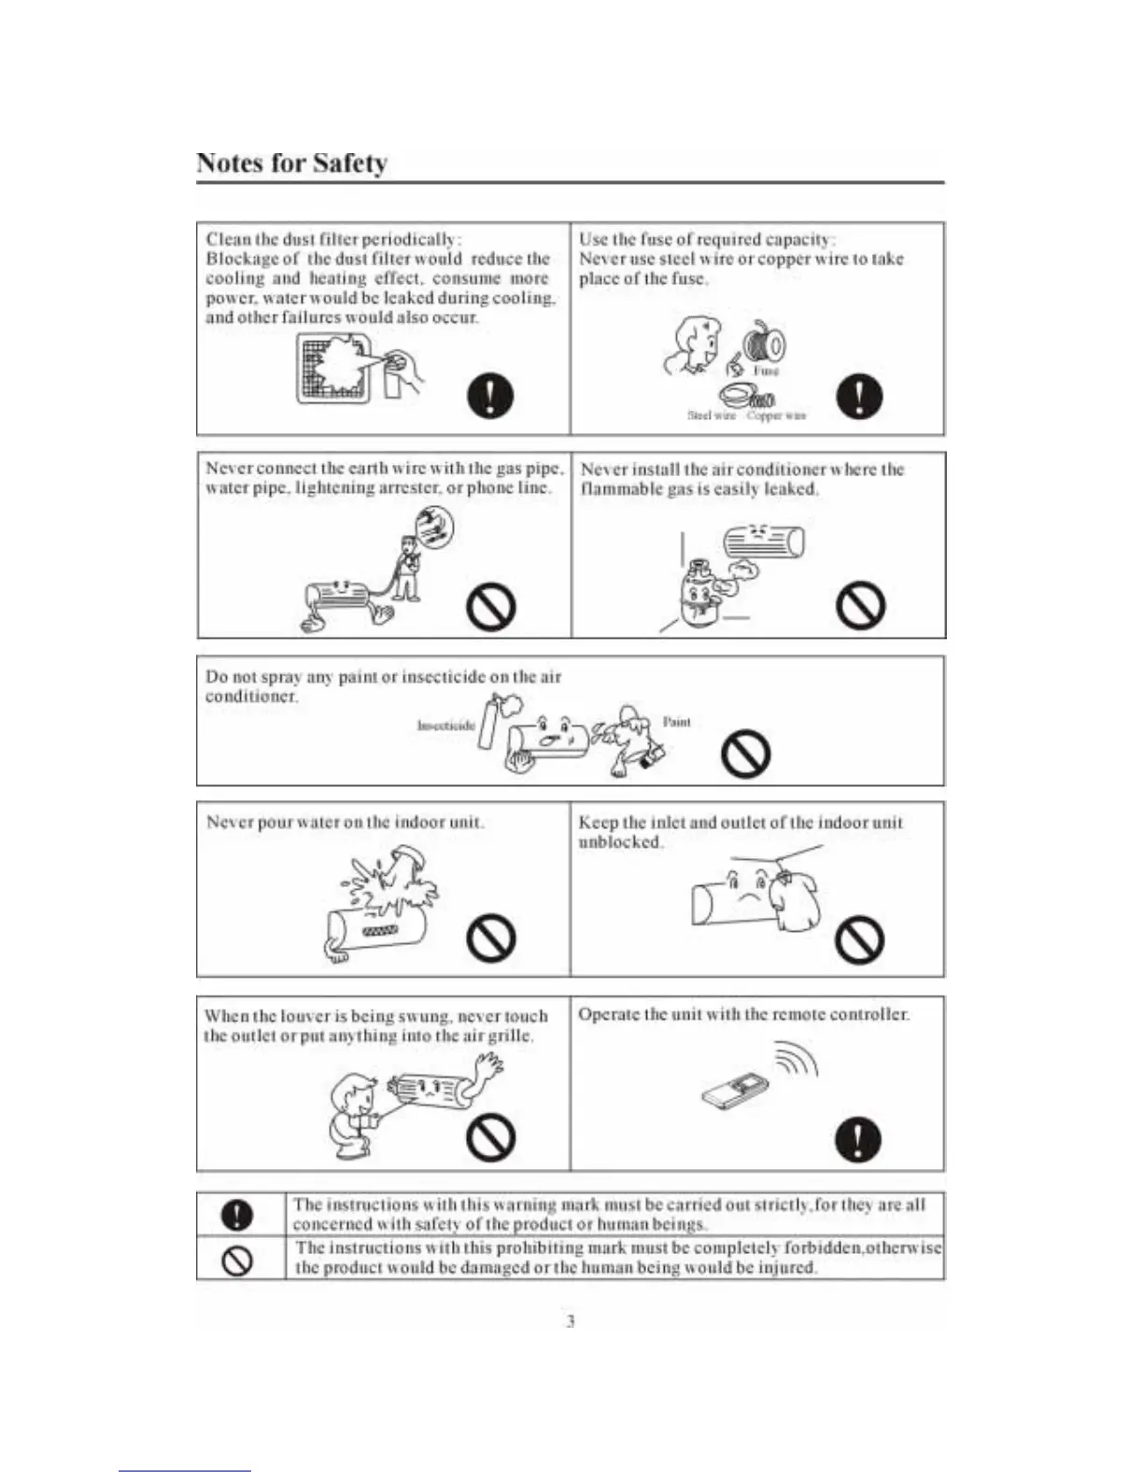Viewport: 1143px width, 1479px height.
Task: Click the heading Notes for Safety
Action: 291,163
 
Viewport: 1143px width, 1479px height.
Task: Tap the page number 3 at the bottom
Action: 570,1320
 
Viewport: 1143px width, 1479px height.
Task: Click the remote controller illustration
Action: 736,1092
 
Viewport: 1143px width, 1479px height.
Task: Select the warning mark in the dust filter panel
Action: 489,395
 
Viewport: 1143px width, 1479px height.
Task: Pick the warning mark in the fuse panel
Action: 859,395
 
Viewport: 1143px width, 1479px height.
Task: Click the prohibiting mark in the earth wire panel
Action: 491,607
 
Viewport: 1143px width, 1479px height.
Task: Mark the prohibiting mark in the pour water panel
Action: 491,937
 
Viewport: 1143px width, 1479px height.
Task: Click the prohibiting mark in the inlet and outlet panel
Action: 859,939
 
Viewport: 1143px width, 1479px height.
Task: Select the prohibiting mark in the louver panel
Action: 491,1137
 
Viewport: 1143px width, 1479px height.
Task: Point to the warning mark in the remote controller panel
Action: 858,1138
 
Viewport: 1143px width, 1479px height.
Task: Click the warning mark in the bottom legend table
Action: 238,1214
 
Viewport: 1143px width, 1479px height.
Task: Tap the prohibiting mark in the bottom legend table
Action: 238,1260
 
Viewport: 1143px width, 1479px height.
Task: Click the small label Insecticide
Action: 445,725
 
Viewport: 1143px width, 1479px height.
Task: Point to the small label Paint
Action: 676,721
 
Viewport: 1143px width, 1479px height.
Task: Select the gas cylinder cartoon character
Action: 699,590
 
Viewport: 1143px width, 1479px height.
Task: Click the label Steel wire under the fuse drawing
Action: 711,416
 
